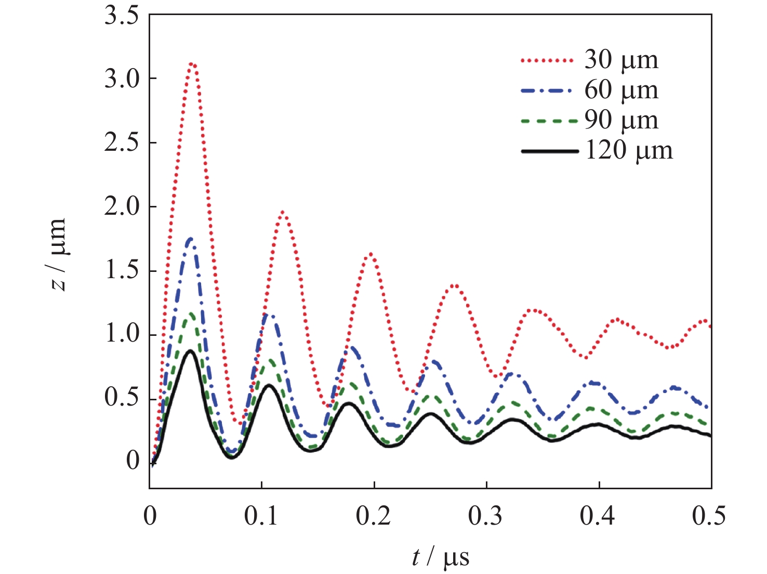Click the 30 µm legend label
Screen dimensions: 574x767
[621, 60]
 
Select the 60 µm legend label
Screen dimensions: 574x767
[621, 90]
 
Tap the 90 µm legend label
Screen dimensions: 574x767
[621, 120]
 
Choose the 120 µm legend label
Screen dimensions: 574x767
[628, 150]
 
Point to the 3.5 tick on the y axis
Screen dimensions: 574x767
[122, 15]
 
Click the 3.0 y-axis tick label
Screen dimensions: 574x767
[122, 79]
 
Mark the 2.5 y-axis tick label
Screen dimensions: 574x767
[122, 143]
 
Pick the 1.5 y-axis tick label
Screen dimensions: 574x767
[122, 271]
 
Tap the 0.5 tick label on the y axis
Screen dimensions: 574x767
[122, 398]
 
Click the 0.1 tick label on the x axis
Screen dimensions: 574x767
[262, 516]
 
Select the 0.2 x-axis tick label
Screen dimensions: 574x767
[374, 516]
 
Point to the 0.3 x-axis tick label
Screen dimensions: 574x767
[486, 516]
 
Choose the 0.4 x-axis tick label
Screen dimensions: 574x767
[599, 516]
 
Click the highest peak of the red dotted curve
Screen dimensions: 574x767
[192, 64]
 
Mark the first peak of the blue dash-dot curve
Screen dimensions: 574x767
[191, 239]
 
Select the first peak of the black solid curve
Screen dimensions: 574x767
[190, 351]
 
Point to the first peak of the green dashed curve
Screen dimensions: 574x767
[191, 314]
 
